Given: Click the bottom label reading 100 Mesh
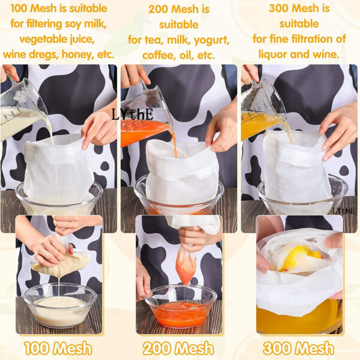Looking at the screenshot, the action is [58, 348].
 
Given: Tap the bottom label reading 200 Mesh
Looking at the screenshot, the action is [178, 348].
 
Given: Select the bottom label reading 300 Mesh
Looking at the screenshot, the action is [298, 348].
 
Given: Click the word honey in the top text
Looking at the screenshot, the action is [78, 55].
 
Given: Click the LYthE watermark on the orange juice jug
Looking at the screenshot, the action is [133, 115].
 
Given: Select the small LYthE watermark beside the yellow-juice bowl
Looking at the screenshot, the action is [344, 211].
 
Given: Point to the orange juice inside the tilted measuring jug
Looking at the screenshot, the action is [142, 132].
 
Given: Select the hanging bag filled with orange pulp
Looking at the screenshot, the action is [186, 266].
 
